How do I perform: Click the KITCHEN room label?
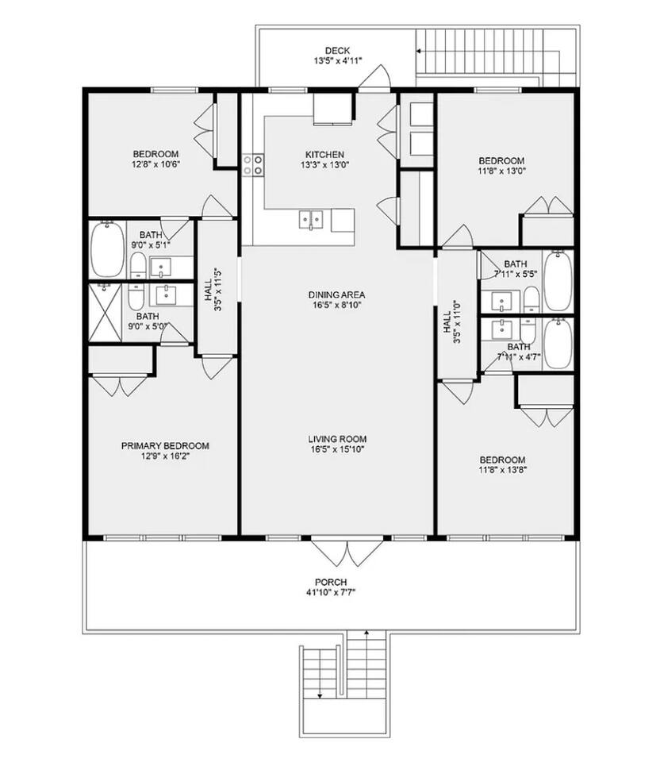tap(324, 155)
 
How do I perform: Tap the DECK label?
tap(337, 51)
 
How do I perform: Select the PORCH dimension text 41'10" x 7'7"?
tap(331, 592)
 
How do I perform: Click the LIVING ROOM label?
tap(337, 439)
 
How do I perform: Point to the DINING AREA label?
tap(336, 294)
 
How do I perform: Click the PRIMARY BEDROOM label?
tap(165, 445)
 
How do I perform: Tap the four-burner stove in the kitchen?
tap(253, 164)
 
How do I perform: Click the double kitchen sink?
tap(311, 220)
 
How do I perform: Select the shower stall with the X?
tap(105, 313)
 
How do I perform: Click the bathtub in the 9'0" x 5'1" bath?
tap(107, 249)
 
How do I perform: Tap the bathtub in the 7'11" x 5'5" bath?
tap(558, 280)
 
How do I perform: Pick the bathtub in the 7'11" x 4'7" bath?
tap(558, 344)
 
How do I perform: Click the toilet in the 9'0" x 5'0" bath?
tap(136, 297)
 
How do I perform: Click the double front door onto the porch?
tap(347, 552)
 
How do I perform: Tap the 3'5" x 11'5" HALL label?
tap(213, 291)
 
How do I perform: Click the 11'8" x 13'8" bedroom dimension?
tap(503, 469)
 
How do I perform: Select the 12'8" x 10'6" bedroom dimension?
tap(156, 164)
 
